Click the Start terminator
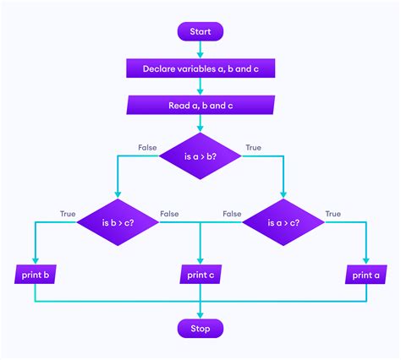[200, 31]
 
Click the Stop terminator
[200, 328]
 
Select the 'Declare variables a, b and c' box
[200, 68]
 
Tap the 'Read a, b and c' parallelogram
[200, 106]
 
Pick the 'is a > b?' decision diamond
[200, 155]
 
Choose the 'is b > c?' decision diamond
[118, 223]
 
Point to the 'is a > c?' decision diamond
[283, 223]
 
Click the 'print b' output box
[36, 275]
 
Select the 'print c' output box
[200, 275]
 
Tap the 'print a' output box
[365, 275]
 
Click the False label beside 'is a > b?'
[148, 147]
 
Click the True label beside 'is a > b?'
[253, 147]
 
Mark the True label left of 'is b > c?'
[68, 215]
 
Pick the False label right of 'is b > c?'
[169, 215]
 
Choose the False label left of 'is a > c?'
[232, 215]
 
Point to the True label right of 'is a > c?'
[333, 215]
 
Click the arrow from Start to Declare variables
[200, 50]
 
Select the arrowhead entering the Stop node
[200, 314]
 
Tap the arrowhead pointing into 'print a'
[365, 260]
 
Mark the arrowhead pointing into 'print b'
[36, 260]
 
